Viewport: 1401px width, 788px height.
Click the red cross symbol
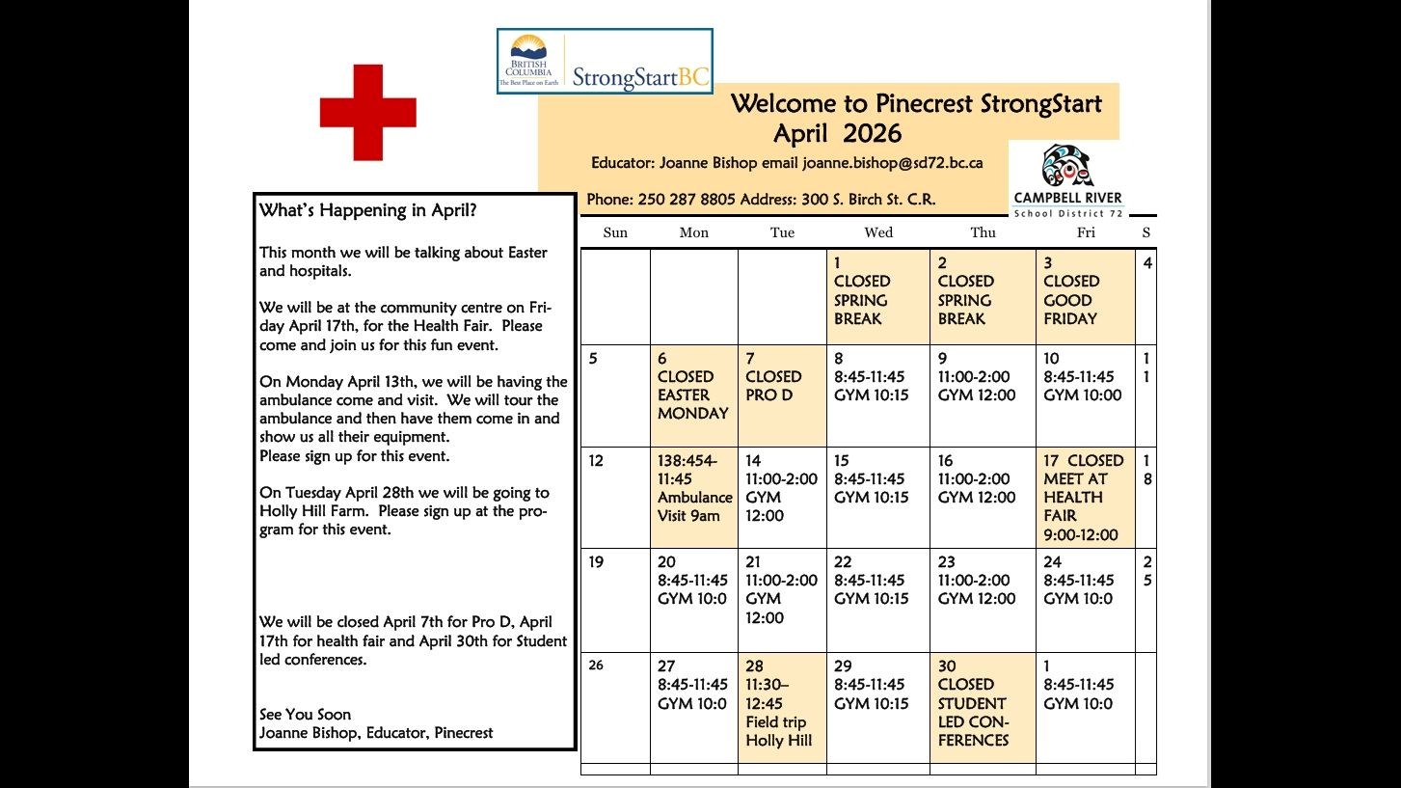coord(367,112)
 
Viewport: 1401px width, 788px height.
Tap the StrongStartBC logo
coord(605,61)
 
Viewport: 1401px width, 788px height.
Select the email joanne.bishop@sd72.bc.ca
coord(892,163)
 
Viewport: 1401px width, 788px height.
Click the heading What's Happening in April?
coord(367,210)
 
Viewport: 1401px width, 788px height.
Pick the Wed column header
coord(878,232)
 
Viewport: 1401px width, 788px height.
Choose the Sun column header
coord(615,232)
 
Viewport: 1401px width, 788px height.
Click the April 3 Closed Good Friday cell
coord(1085,297)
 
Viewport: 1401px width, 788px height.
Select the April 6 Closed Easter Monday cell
coord(693,394)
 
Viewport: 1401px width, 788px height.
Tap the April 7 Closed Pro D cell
coord(781,394)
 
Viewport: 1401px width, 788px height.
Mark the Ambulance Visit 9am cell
coord(693,497)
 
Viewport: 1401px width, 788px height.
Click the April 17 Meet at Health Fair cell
coord(1085,497)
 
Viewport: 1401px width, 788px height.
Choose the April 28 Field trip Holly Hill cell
coord(781,707)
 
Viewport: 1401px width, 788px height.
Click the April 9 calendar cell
coord(982,394)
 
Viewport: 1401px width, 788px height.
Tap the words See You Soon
coord(305,715)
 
